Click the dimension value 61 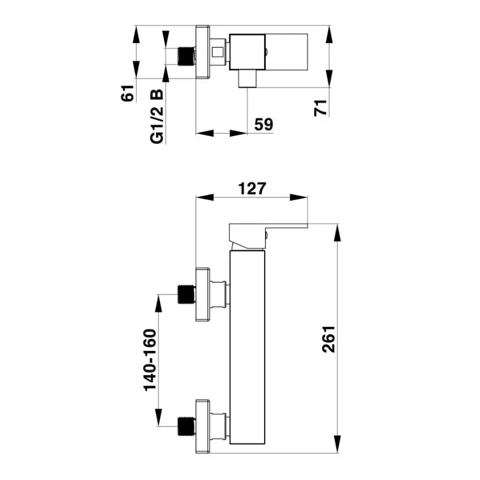128,93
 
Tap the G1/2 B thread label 157,116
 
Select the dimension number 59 263,124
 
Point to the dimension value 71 320,108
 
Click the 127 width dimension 252,188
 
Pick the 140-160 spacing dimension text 150,359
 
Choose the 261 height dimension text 329,339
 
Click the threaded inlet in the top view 187,56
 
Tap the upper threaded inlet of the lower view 187,294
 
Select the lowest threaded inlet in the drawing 187,426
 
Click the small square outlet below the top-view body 247,79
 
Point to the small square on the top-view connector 218,52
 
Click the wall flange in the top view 203,52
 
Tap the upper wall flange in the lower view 203,295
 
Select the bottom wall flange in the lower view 203,426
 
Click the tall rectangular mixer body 247,347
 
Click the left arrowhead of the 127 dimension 205,197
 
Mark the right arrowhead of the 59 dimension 238,133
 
